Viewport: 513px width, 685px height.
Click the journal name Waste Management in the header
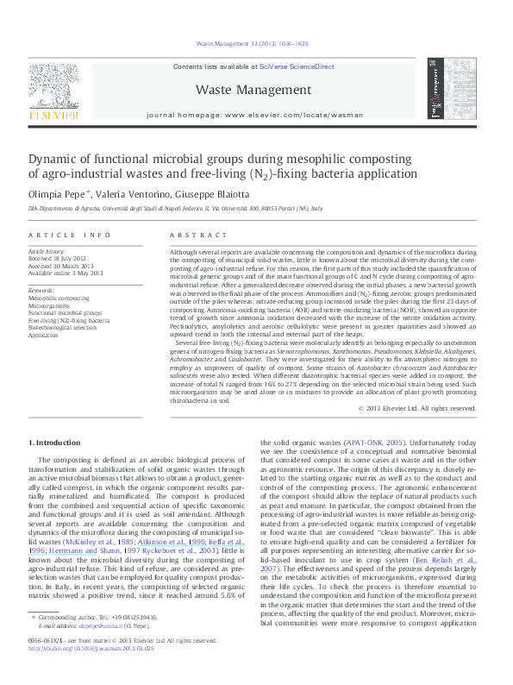253,90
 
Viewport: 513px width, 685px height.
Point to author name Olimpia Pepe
56,194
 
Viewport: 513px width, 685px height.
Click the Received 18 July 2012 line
59,259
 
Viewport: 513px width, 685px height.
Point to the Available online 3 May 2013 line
66,273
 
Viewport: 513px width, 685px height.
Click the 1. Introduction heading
55,443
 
